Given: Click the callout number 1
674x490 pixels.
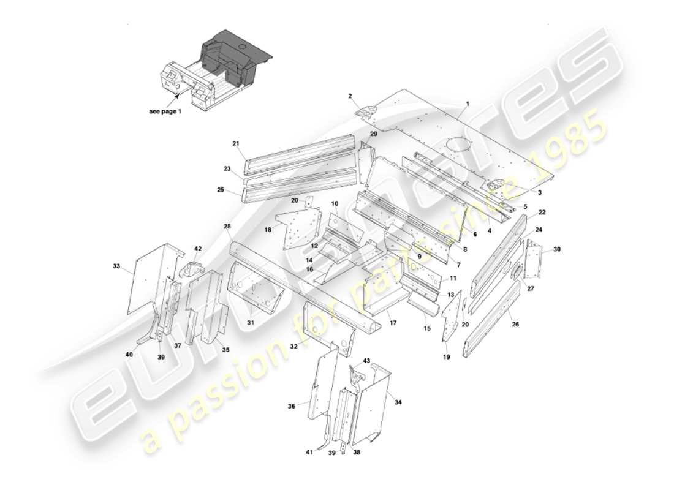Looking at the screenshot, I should click(468, 104).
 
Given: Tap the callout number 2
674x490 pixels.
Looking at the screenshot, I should click(350, 96).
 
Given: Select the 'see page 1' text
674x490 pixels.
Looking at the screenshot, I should click(165, 111).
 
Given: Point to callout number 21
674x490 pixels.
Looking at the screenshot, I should click(235, 143).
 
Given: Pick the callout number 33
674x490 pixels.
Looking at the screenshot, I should click(116, 266).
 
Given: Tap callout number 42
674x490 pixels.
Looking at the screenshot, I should click(198, 248).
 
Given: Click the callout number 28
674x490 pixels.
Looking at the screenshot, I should click(227, 227).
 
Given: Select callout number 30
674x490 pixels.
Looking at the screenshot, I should click(556, 249).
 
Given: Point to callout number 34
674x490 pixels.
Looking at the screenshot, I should click(398, 402).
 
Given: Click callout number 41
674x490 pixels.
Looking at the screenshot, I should click(310, 452).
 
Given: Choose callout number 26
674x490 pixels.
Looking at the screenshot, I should click(515, 324).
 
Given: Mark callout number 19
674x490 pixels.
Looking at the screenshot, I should click(445, 356).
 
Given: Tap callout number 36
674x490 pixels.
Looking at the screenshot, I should click(292, 405).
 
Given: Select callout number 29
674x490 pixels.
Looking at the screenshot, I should click(373, 134).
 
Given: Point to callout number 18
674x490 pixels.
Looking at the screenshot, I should click(268, 229).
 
